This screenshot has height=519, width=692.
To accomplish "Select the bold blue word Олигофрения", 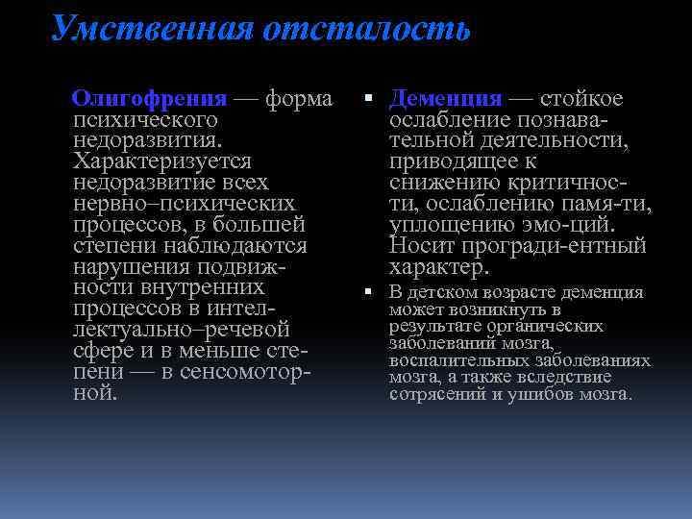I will [150, 99].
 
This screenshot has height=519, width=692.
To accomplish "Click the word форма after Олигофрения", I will [299, 99].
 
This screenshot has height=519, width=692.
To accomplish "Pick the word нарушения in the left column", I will [121, 266].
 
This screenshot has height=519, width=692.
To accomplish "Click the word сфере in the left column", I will [104, 351].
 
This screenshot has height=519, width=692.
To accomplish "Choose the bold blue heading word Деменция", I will [446, 99].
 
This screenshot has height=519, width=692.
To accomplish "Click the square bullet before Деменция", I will [370, 99].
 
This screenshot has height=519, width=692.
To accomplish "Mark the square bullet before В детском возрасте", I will [370, 292].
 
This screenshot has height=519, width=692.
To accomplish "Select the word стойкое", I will [581, 99].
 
